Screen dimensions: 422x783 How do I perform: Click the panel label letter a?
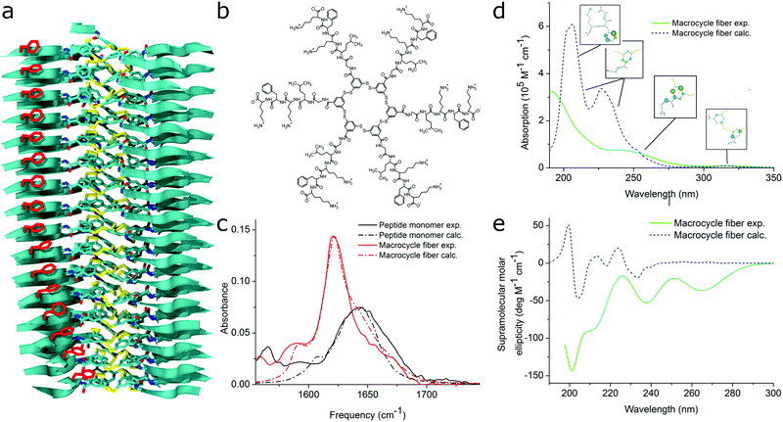9,11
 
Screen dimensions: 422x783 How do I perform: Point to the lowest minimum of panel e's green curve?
573,370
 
